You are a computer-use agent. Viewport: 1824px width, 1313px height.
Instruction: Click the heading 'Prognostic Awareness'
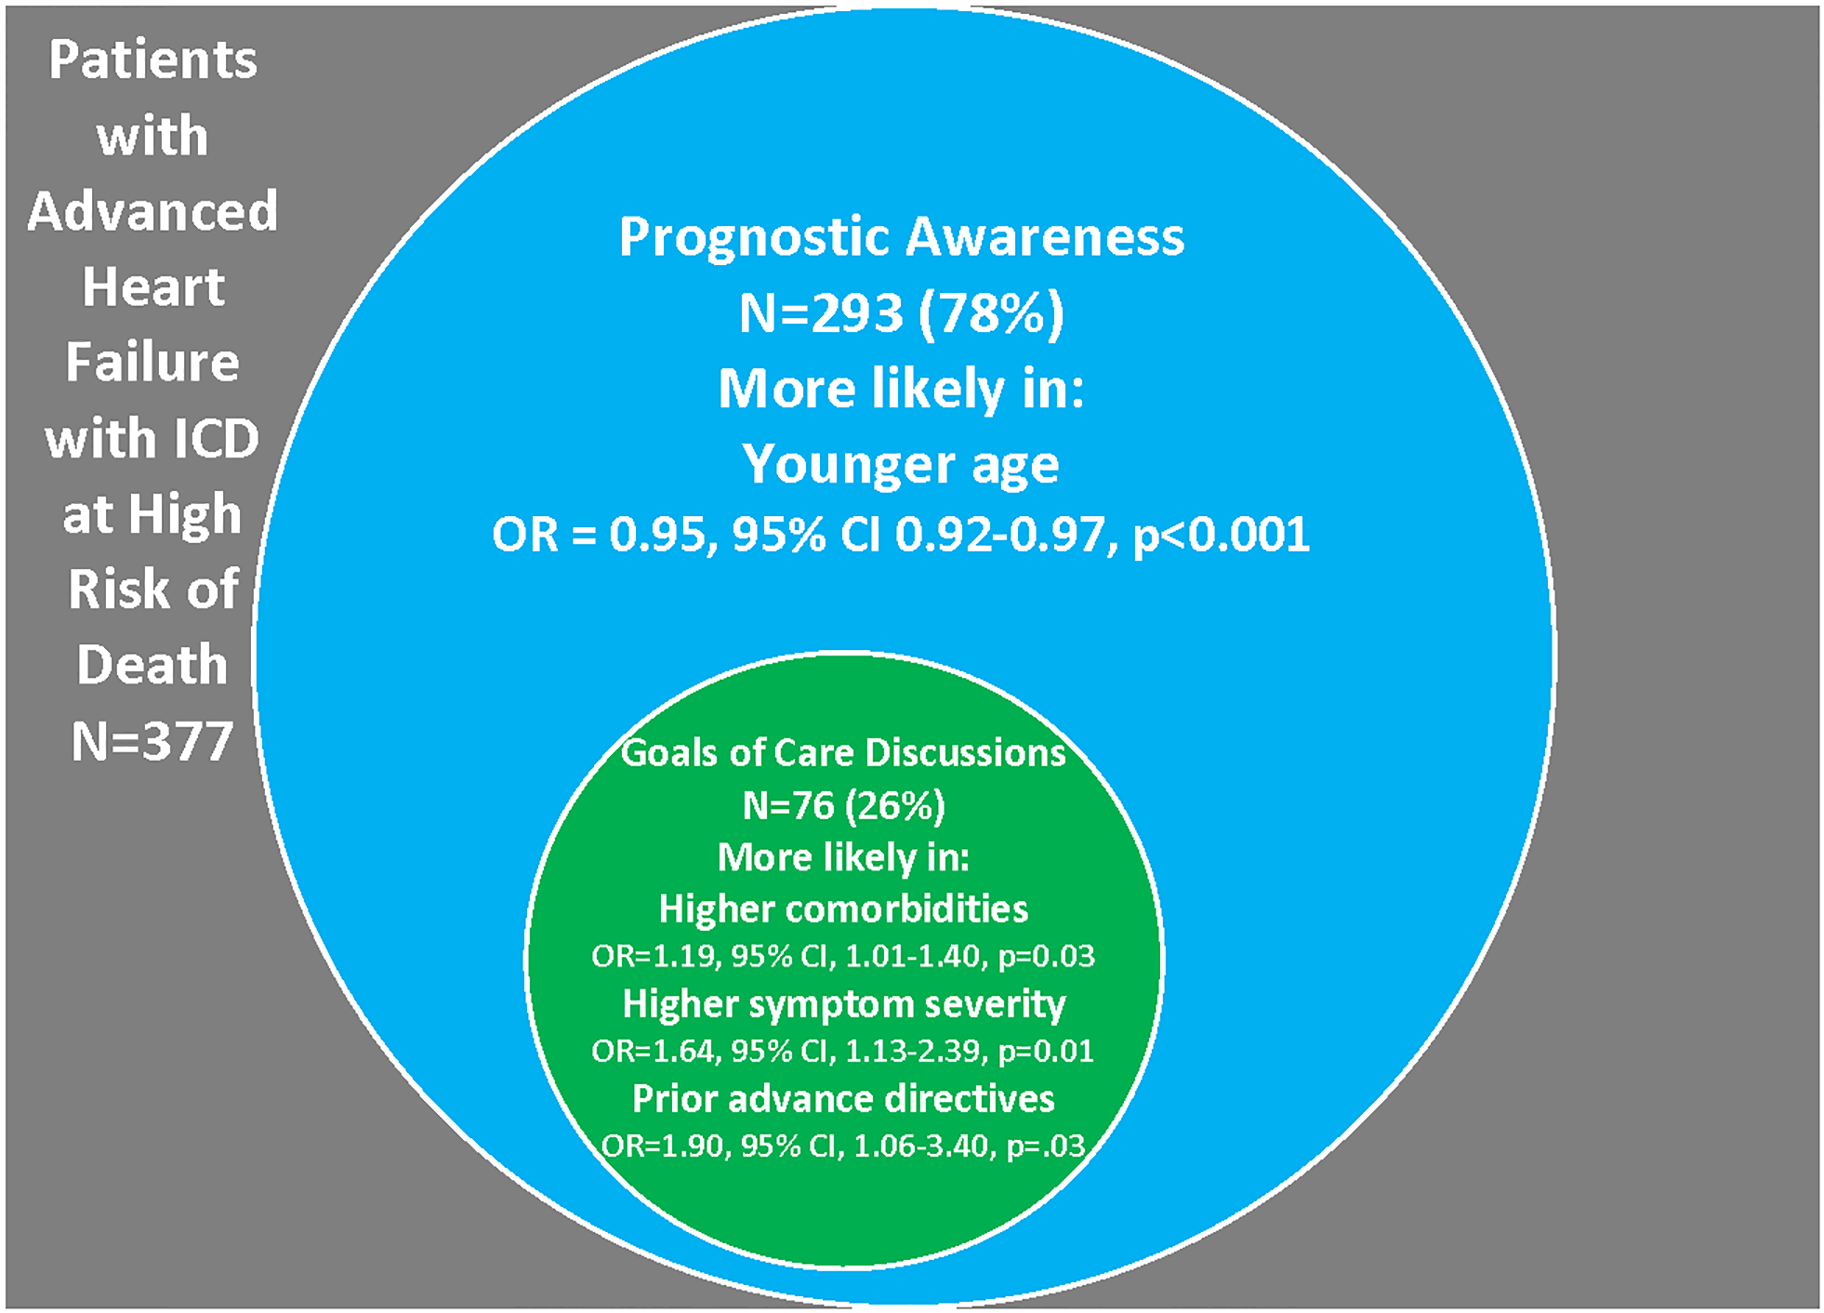pyautogui.click(x=901, y=237)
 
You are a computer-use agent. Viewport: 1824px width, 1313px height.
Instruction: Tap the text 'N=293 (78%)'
pyautogui.click(x=901, y=313)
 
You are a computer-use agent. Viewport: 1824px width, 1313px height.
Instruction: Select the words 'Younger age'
pyautogui.click(x=901, y=464)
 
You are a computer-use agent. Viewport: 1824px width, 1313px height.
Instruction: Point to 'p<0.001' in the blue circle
pyautogui.click(x=1221, y=536)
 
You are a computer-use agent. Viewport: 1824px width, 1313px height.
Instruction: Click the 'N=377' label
pyautogui.click(x=152, y=741)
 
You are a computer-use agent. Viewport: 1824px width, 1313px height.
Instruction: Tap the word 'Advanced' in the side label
pyautogui.click(x=152, y=211)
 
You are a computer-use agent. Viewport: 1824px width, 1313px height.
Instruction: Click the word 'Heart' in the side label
pyautogui.click(x=152, y=286)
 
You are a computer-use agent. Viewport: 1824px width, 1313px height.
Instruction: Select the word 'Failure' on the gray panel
pyautogui.click(x=152, y=362)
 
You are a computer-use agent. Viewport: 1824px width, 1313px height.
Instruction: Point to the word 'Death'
pyautogui.click(x=152, y=665)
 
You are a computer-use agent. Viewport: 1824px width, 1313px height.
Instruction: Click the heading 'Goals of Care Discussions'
pyautogui.click(x=843, y=753)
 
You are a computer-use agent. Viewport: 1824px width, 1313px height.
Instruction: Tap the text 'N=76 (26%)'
pyautogui.click(x=843, y=805)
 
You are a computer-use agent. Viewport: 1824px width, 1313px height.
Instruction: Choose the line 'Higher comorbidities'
pyautogui.click(x=843, y=909)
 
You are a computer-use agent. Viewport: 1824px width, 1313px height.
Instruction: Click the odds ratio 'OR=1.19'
pyautogui.click(x=655, y=957)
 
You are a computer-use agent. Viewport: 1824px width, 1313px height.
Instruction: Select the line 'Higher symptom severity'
pyautogui.click(x=843, y=1004)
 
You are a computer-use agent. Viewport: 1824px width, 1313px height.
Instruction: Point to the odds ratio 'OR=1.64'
pyautogui.click(x=655, y=1052)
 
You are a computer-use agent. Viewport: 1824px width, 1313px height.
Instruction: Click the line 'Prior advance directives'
pyautogui.click(x=843, y=1099)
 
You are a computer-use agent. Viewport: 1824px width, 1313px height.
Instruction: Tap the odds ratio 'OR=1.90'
pyautogui.click(x=665, y=1147)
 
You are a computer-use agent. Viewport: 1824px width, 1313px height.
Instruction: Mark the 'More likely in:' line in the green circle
pyautogui.click(x=843, y=857)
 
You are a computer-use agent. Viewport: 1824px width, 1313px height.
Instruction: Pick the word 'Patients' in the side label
pyautogui.click(x=152, y=60)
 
